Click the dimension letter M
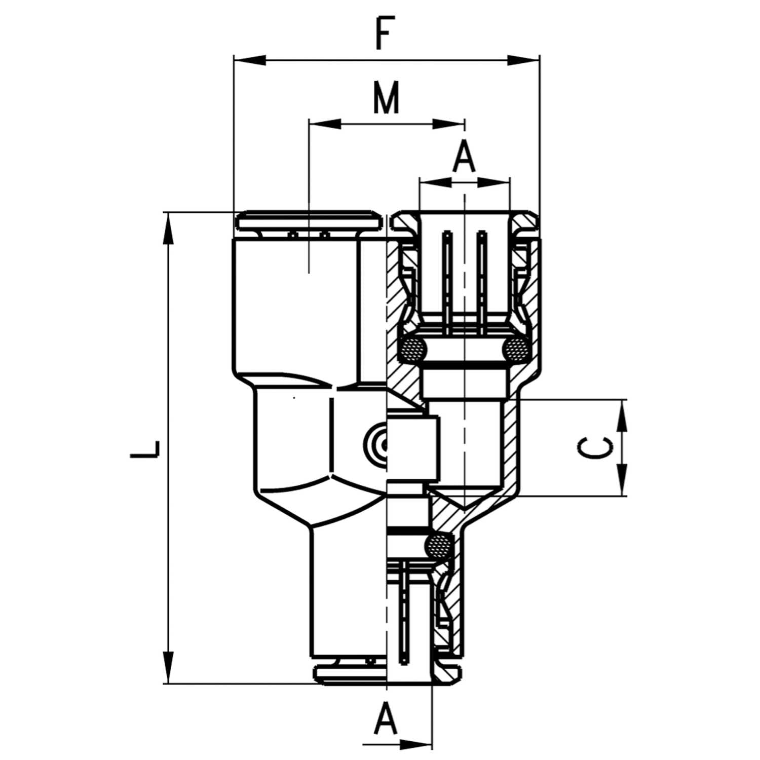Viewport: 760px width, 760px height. click(387, 97)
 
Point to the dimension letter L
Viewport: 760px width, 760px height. click(145, 449)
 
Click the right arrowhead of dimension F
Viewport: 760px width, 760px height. click(524, 60)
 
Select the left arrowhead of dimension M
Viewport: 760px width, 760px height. click(325, 124)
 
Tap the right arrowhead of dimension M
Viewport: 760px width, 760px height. click(448, 124)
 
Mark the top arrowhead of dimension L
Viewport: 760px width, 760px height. click(168, 228)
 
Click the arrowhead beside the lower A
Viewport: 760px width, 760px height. click(416, 745)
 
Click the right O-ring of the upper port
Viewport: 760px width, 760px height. click(517, 350)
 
